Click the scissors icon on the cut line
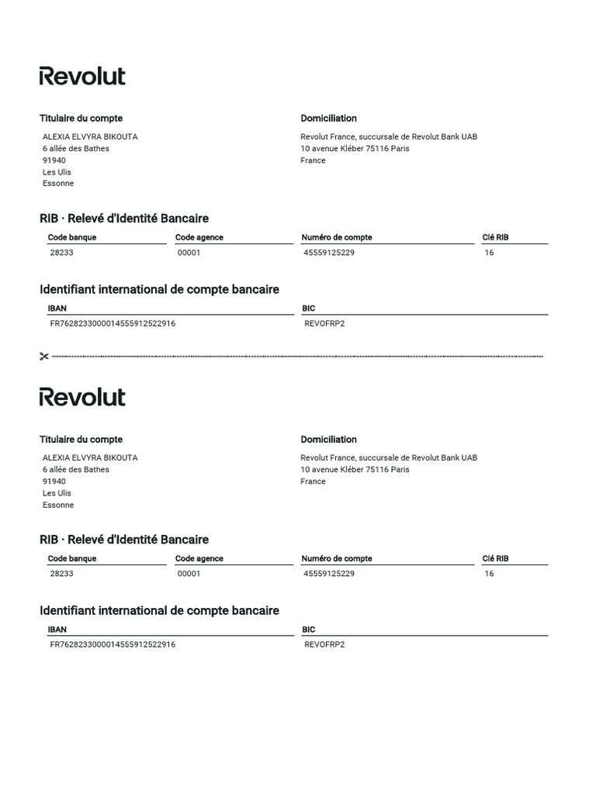[43, 357]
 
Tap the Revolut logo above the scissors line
[82, 76]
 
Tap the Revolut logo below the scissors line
[82, 397]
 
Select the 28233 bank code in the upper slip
[62, 253]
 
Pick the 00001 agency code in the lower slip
[189, 574]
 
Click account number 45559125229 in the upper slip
[329, 253]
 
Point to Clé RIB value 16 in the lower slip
[489, 574]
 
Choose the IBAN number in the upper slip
[113, 323]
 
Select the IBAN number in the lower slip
[113, 644]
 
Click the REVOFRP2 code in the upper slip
[324, 323]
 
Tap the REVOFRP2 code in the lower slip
[324, 644]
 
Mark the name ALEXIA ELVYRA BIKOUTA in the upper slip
[90, 136]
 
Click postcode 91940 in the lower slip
[54, 482]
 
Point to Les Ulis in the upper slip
[57, 172]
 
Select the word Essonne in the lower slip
[58, 505]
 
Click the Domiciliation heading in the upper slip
[328, 119]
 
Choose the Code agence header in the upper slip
[199, 237]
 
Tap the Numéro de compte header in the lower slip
[337, 558]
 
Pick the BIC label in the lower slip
[309, 630]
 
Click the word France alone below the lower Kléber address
[313, 482]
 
